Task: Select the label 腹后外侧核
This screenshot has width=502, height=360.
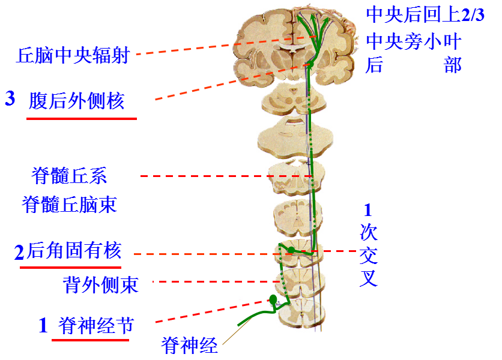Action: point(76,100)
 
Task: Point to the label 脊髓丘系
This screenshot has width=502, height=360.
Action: point(69,176)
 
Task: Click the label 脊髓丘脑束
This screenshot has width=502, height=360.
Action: point(69,205)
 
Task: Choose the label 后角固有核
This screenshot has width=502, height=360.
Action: point(74,250)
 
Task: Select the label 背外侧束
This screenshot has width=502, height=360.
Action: point(100,283)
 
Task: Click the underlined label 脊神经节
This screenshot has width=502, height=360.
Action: point(96,326)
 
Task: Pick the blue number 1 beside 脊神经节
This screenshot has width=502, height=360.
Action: point(43,326)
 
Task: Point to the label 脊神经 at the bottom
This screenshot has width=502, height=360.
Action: point(189,346)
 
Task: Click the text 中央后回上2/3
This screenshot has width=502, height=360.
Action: point(425,15)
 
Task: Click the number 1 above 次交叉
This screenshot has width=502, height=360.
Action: point(368,210)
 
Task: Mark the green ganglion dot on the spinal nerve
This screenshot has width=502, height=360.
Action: point(273,299)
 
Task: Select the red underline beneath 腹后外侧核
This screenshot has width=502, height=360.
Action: point(82,118)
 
